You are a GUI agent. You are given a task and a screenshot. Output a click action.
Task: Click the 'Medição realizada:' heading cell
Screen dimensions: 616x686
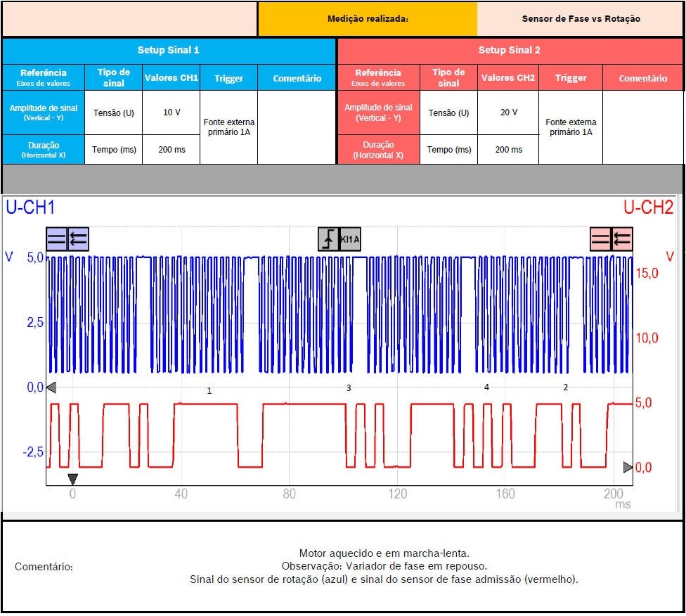point(368,19)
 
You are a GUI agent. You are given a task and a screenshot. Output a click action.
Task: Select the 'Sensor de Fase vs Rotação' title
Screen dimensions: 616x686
point(581,19)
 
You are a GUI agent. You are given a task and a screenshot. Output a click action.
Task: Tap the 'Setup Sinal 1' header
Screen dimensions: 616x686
point(169,51)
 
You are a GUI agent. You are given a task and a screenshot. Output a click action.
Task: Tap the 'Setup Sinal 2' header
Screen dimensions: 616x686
point(510,51)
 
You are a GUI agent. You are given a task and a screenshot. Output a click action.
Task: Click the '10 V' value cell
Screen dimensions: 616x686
point(171,113)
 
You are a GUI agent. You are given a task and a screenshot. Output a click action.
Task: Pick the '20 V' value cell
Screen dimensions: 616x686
point(508,113)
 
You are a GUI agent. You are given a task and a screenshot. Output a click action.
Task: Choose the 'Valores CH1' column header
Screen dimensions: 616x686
point(171,78)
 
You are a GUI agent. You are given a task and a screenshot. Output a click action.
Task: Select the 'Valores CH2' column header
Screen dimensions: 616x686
point(508,78)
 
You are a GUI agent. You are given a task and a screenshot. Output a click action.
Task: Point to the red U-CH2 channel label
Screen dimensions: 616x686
point(648,207)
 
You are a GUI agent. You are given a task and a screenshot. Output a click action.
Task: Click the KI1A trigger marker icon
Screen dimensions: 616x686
point(339,239)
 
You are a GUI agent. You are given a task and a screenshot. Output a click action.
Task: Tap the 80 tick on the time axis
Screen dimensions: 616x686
point(289,494)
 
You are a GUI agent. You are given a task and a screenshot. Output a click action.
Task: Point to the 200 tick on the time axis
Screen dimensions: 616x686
point(614,494)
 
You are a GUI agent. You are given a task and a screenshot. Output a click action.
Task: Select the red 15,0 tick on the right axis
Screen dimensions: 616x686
point(647,274)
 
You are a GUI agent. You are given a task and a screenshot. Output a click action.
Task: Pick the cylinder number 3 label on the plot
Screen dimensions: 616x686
point(348,388)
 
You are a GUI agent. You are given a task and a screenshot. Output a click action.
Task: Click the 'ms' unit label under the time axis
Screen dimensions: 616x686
point(623,505)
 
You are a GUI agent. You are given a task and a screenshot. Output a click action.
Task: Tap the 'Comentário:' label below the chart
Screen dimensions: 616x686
point(44,567)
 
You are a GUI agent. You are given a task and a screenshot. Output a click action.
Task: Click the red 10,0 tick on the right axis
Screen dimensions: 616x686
point(647,338)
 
